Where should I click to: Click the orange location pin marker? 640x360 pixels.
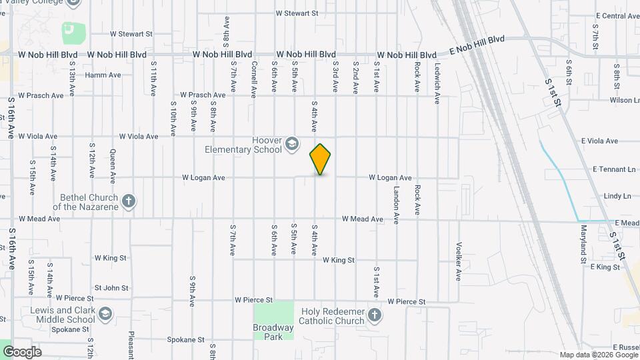coord(321,159)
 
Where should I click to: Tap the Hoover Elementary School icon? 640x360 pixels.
coord(291,144)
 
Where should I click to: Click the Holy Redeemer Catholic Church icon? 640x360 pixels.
coord(375,315)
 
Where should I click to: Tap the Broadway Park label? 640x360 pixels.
coord(273,331)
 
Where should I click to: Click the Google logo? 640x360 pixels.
coord(22,351)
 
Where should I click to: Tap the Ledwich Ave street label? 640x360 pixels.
coord(437,83)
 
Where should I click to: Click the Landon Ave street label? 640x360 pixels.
coord(396,204)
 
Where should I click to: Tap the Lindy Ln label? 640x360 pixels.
coord(617,196)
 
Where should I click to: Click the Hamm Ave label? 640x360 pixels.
coord(103,75)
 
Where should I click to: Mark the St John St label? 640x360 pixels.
coord(111,288)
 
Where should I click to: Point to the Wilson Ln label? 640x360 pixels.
coord(624,101)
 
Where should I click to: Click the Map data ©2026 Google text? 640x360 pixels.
coord(598,355)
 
